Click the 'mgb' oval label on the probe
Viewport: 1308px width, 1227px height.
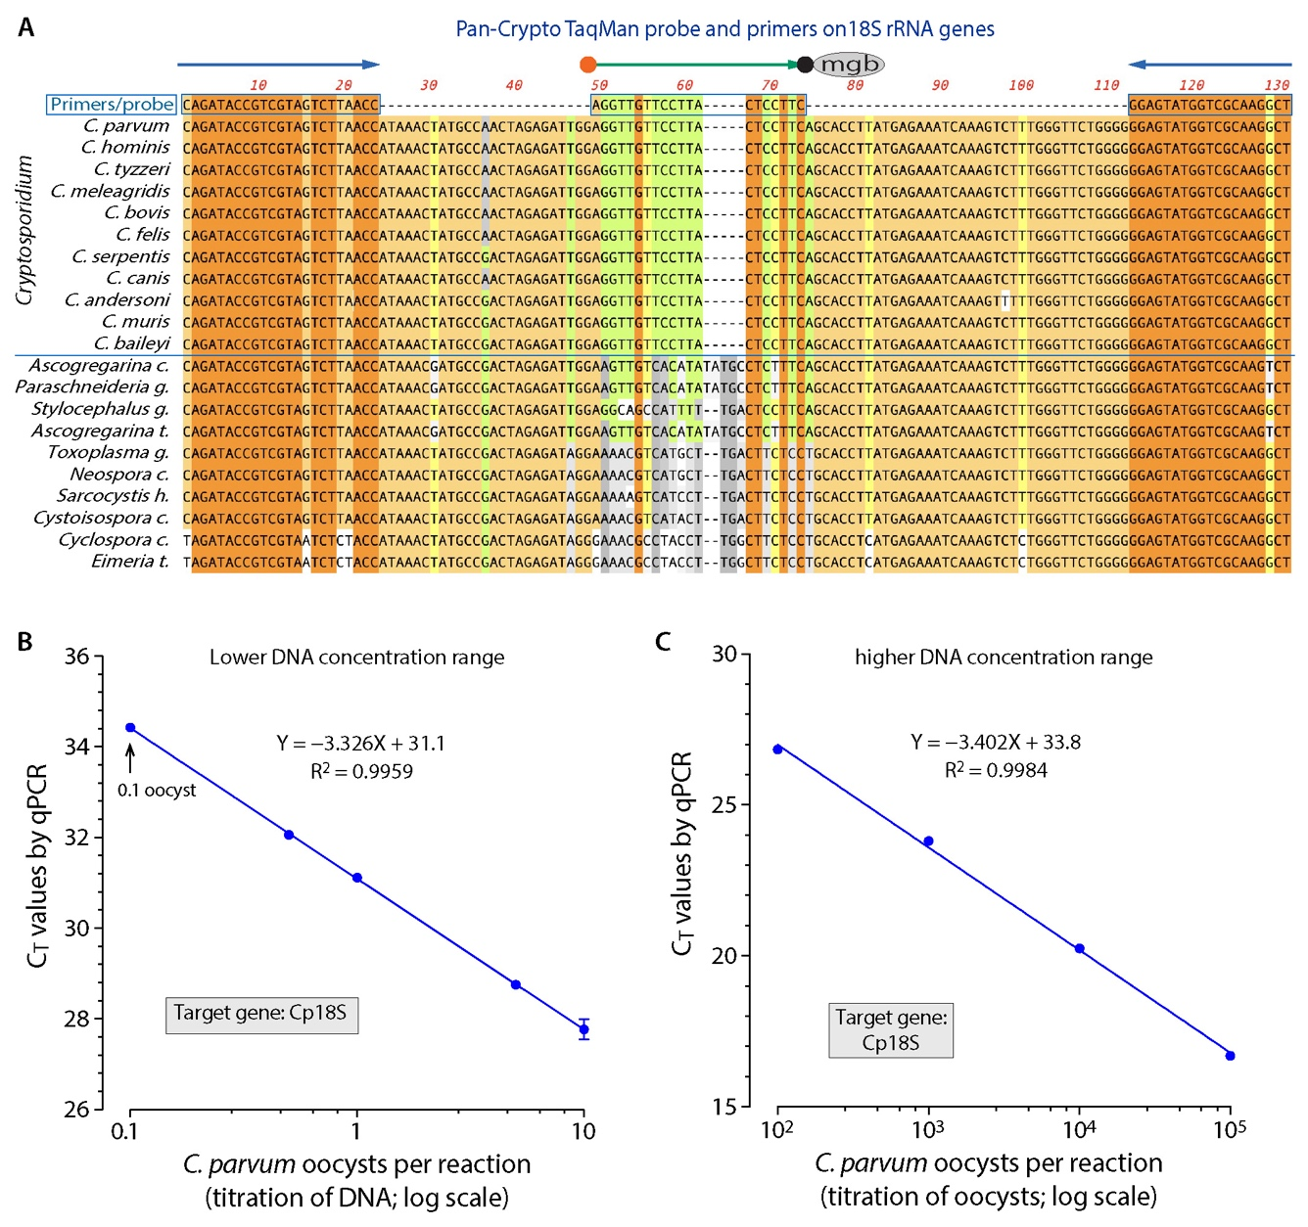coord(849,65)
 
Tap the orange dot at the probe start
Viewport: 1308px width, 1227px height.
coord(587,65)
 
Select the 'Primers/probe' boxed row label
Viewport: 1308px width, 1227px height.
coord(112,104)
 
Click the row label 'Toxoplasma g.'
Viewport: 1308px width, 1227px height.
coord(108,452)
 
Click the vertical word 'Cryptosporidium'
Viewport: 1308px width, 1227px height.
coord(24,231)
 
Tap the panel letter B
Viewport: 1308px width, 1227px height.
coord(25,642)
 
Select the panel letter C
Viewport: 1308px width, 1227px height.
coord(663,642)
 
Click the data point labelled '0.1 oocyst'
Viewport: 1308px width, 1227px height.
coord(130,727)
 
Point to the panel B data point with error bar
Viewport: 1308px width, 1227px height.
coord(584,1028)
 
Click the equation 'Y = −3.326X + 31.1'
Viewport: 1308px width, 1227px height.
coord(360,744)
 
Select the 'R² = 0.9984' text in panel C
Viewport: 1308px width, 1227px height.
coord(996,771)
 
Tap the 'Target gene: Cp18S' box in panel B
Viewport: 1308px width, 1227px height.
coord(260,1014)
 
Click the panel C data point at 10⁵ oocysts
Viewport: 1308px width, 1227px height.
coord(1230,1056)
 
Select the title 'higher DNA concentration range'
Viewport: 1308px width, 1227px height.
coord(1004,658)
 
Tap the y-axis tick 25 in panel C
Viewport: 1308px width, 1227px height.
coord(724,805)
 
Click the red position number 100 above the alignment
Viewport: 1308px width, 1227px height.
coord(1021,85)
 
